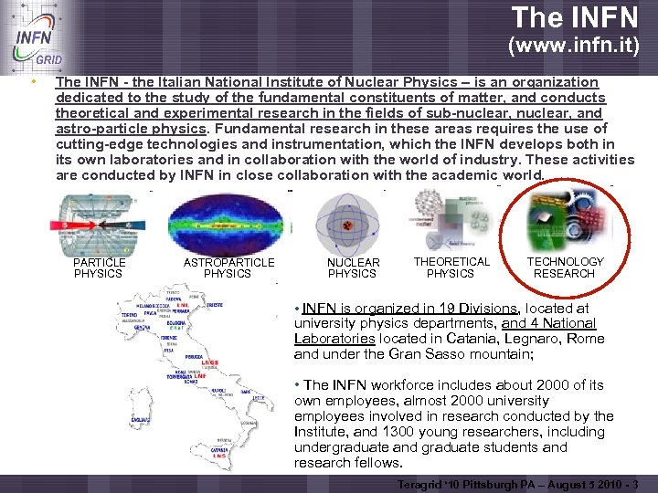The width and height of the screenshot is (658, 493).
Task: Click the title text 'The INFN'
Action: coord(575,17)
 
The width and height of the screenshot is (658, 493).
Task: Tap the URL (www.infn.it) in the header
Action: coord(573,45)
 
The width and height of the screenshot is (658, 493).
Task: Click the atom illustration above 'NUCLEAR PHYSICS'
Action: coord(347,225)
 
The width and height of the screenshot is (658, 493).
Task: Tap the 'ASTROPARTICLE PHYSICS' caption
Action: coord(228,267)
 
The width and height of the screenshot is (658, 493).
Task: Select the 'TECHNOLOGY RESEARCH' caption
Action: coord(565,267)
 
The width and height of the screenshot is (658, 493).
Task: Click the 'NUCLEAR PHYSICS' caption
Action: coord(353,267)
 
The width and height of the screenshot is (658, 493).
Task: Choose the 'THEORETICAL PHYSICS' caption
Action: coord(451,267)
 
